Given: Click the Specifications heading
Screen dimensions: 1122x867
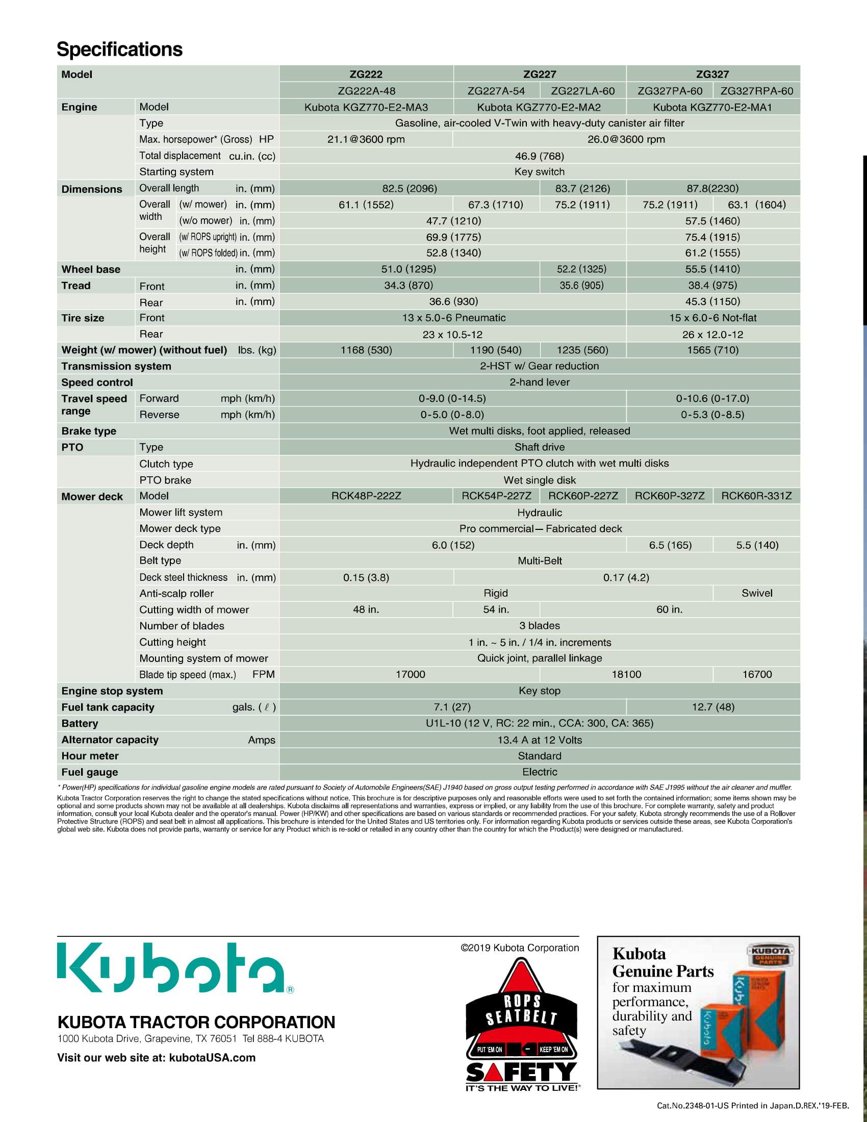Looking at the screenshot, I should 119,49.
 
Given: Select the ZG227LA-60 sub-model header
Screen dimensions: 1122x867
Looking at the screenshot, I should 582,91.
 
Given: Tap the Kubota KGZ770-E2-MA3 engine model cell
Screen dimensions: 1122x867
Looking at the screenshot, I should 366,108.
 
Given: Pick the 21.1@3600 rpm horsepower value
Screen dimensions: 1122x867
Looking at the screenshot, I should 366,139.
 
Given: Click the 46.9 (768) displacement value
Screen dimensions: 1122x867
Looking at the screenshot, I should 539,156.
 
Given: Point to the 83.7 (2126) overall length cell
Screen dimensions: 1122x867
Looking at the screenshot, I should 582,188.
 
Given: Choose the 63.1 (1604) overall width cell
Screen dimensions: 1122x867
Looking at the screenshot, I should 756,205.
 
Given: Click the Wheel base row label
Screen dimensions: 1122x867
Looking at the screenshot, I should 91,269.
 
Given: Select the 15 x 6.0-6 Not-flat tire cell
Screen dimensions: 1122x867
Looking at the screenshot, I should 712,318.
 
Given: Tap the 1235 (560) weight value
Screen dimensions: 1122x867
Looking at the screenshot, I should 582,350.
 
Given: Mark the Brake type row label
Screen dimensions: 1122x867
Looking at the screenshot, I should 89,431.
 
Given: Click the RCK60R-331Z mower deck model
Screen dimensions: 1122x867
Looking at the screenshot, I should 756,496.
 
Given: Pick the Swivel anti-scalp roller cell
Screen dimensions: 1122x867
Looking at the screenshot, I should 756,593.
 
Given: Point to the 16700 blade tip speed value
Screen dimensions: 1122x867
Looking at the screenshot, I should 756,674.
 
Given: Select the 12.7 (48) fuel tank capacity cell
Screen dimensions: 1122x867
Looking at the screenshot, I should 713,707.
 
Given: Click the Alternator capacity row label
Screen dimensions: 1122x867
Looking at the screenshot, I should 110,740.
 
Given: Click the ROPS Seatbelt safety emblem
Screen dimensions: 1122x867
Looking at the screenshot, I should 521,1023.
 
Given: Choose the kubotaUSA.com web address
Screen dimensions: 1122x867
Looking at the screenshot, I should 212,1058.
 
